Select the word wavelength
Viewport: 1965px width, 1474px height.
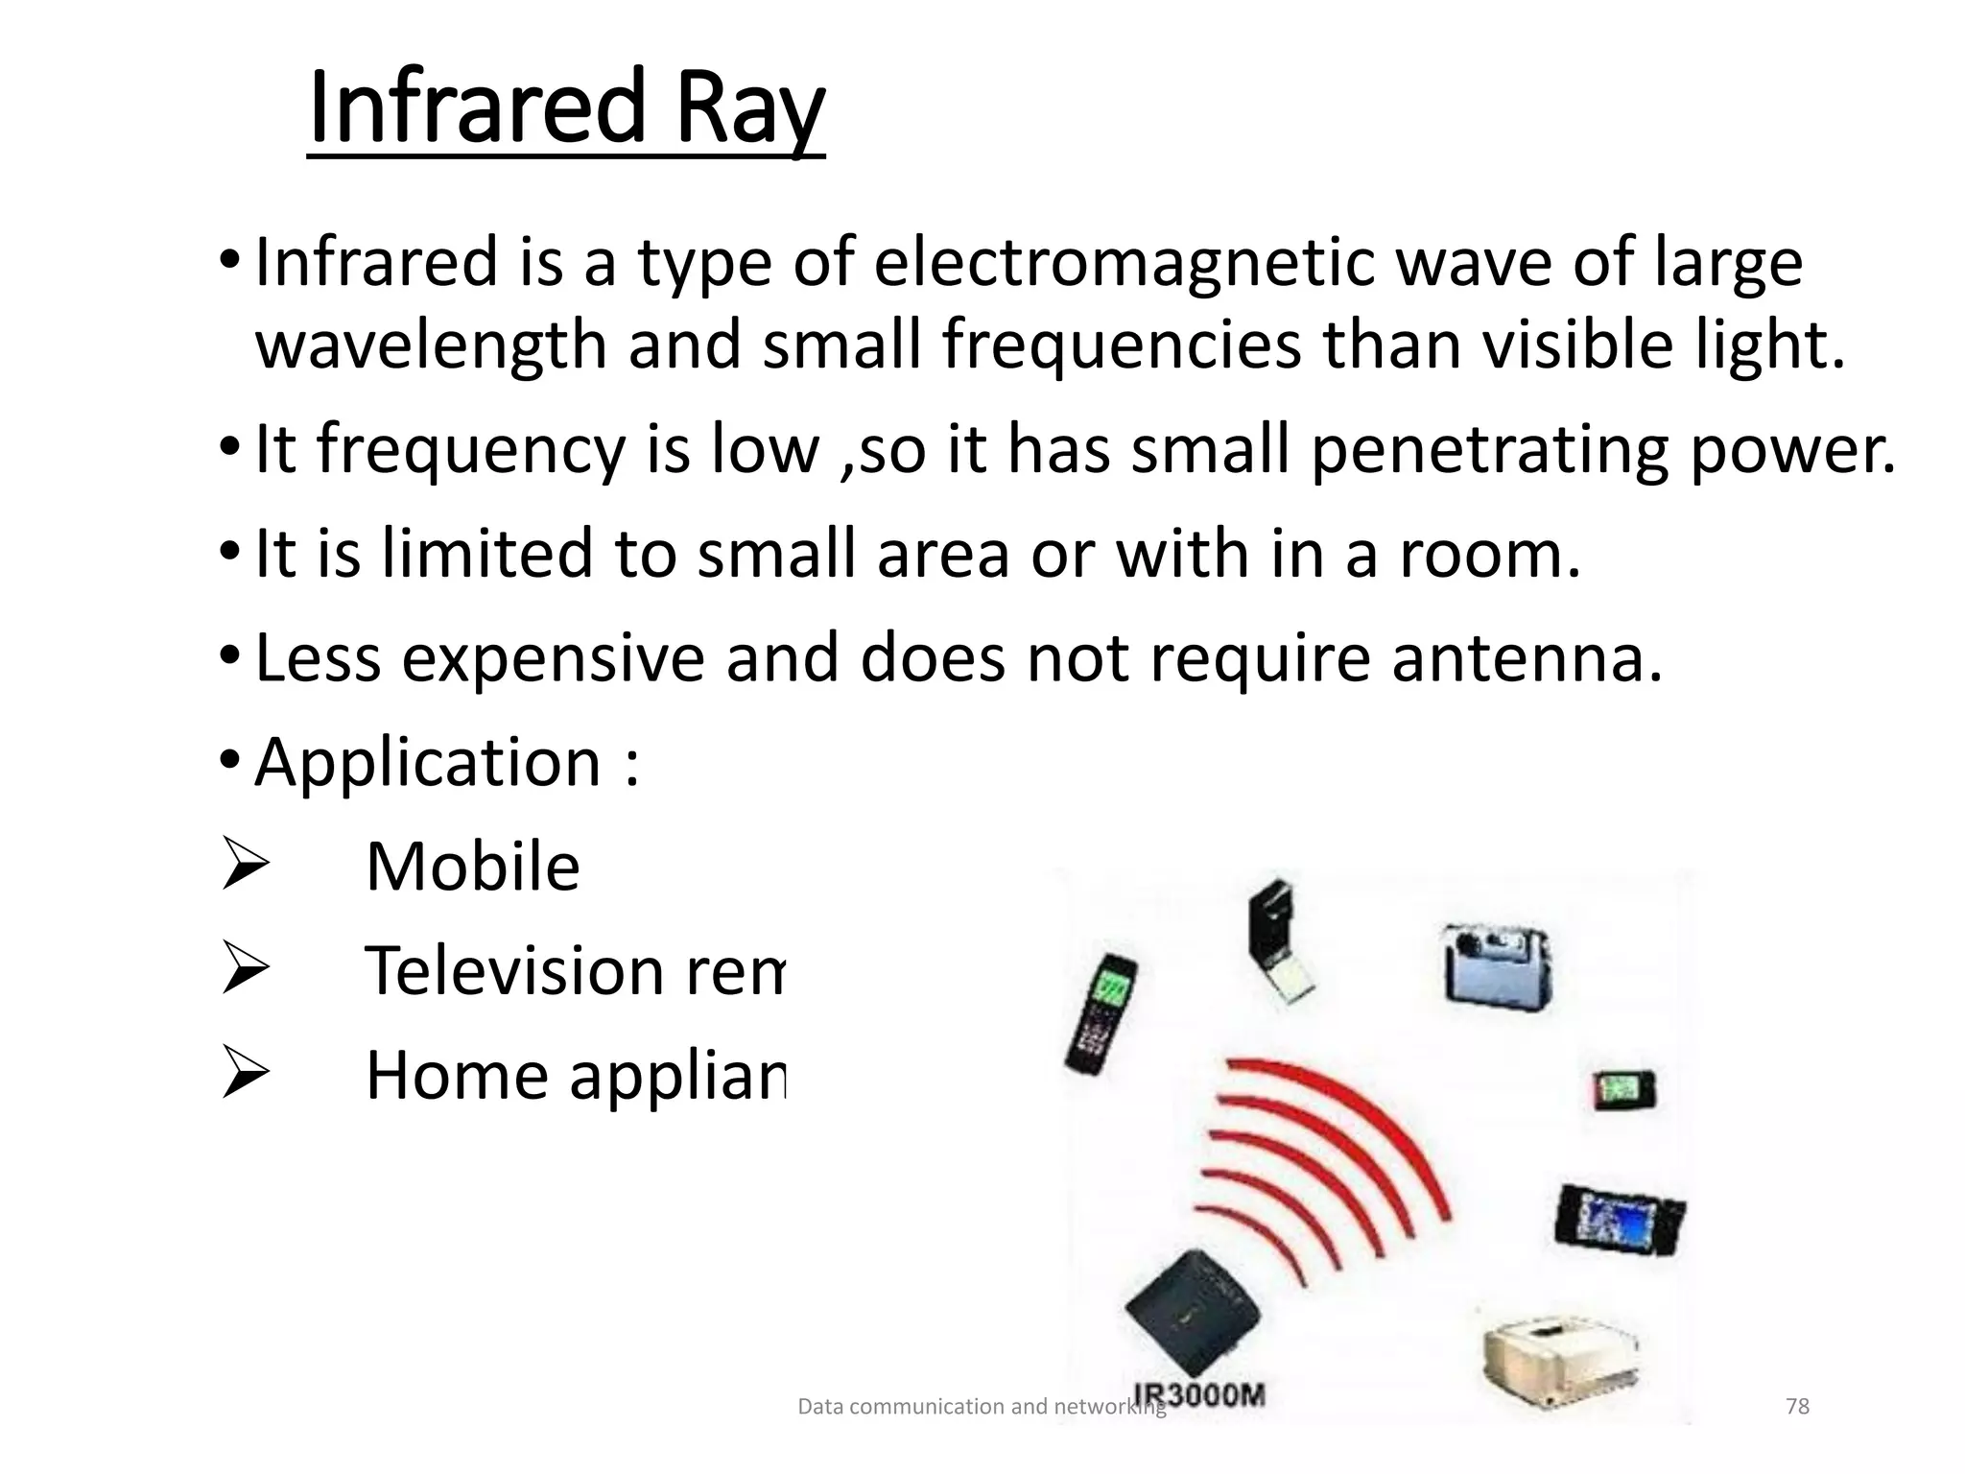(x=431, y=347)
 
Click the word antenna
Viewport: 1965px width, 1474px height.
(x=1526, y=659)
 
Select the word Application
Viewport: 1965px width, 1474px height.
(x=428, y=764)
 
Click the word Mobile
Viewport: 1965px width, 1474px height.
(x=472, y=868)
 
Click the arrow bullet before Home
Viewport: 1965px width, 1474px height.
(x=244, y=1075)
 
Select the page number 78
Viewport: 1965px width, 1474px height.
(x=1797, y=1407)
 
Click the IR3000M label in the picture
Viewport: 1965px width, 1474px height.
(x=1199, y=1394)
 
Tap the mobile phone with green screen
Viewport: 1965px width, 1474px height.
(x=1102, y=1013)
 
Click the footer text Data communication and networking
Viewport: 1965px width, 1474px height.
(x=981, y=1407)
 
